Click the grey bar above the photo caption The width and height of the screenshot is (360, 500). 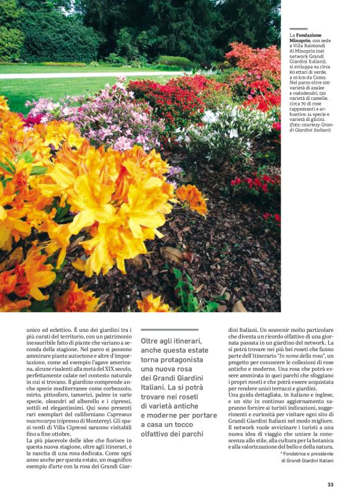[x=299, y=29]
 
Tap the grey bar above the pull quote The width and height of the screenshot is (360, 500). [x=169, y=329]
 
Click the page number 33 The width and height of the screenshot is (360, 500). [x=331, y=484]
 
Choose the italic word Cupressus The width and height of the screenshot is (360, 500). [x=118, y=404]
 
